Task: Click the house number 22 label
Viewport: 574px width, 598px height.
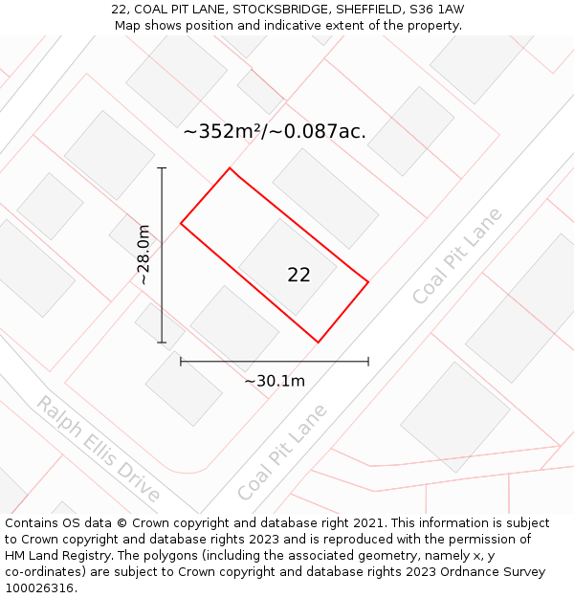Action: coord(298,276)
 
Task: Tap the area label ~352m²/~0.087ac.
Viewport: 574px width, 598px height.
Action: coord(275,132)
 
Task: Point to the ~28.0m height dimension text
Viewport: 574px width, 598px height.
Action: coord(143,255)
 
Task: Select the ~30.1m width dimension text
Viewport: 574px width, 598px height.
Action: coord(275,381)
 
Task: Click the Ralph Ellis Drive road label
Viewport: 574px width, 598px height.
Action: coord(98,448)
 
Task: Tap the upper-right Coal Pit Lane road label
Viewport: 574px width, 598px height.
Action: coord(456,255)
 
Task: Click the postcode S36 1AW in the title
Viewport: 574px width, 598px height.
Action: coord(433,10)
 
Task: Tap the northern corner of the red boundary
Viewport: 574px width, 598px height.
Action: coord(230,168)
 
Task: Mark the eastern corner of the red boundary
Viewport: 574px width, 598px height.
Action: coord(368,282)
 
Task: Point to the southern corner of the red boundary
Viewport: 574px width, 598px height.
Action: coord(318,342)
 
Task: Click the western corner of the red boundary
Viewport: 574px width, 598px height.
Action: coord(181,224)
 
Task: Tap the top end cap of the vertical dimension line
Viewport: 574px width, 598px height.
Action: coord(162,168)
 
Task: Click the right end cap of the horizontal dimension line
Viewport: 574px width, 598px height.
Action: coord(368,362)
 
